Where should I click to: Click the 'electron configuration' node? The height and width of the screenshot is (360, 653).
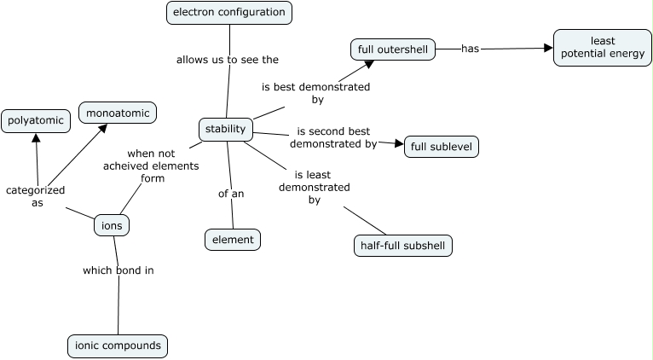coord(228,12)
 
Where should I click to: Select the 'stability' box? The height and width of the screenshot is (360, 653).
coord(226,130)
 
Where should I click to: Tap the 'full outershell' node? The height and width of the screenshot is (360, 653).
coord(392,49)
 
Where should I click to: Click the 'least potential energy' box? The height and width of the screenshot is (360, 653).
coord(602,48)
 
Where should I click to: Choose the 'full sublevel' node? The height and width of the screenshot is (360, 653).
coord(441,147)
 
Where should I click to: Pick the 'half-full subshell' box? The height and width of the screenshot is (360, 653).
coord(402,246)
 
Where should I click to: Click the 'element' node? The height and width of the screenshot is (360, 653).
coord(233,240)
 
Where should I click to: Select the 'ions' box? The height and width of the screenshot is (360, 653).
coord(112,226)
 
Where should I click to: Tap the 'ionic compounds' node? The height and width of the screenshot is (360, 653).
coord(118,345)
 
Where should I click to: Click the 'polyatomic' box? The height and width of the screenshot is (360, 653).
coord(36,121)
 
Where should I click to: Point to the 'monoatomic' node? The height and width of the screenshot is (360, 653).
coord(118,113)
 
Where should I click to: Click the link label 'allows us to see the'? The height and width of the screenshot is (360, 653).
coord(228,60)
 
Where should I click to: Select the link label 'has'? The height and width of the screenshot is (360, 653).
coord(470,49)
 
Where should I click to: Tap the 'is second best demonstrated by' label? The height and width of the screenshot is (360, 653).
coord(333,138)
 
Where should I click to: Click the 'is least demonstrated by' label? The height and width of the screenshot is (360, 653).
coord(314,188)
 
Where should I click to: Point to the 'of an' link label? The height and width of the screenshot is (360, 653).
coord(231,194)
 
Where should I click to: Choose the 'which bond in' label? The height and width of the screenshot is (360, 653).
coord(118,270)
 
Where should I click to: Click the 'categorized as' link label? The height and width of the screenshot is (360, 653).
coord(36,196)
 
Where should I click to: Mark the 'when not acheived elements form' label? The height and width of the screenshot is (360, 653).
coord(145,166)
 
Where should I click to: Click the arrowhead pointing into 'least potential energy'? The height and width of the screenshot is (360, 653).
coord(548,48)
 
